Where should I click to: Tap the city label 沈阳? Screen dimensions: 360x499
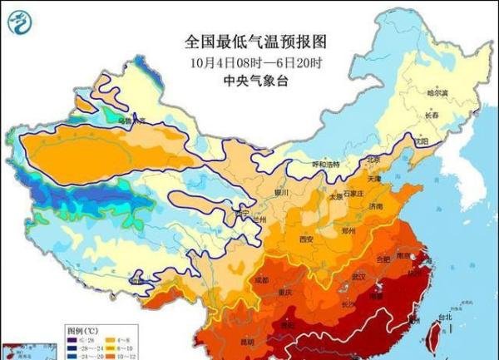point(421,142)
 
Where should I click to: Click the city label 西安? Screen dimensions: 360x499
point(306,239)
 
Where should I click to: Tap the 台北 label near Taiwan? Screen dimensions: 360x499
point(445,316)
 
